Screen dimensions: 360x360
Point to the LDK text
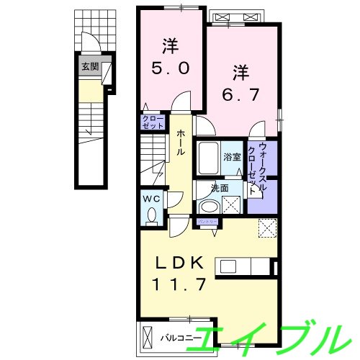(x=179, y=261)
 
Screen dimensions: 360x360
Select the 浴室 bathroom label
(x=231, y=156)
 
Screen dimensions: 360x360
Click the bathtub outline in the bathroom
(x=208, y=157)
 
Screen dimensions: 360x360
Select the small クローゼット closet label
(x=152, y=122)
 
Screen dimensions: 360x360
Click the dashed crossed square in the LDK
(x=267, y=229)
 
